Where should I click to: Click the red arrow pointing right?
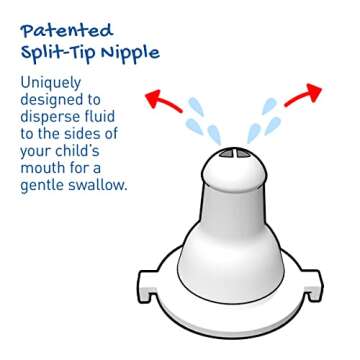[303, 95]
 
